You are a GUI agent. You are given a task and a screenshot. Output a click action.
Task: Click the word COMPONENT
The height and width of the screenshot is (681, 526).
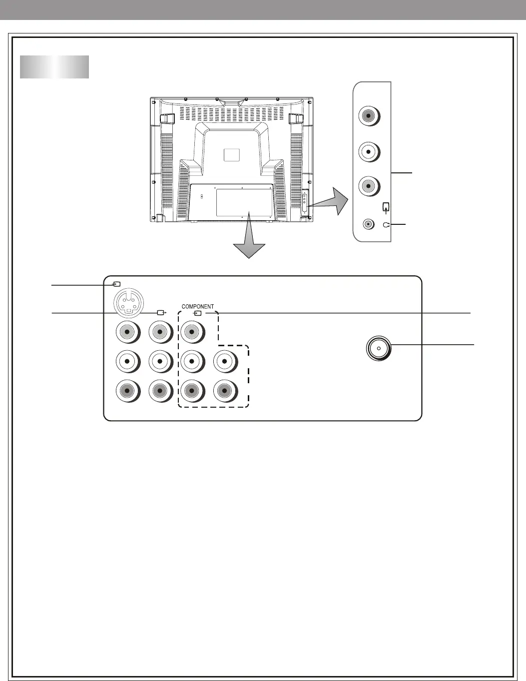pos(198,306)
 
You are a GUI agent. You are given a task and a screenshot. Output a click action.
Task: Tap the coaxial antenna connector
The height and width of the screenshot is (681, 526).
pos(379,348)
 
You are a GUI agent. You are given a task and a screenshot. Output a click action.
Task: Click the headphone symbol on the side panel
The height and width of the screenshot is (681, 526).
pos(387,225)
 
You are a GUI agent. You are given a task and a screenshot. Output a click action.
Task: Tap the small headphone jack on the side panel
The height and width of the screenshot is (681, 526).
pos(369,224)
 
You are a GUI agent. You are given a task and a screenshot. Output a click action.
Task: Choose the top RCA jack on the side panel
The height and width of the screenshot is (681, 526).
pos(369,116)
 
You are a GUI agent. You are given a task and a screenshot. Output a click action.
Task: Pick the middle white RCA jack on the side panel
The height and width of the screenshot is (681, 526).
pos(369,152)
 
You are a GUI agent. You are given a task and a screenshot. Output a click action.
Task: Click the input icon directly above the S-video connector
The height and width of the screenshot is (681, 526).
pos(116,284)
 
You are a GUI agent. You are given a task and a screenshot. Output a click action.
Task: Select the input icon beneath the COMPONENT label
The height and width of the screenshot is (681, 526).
pos(197,313)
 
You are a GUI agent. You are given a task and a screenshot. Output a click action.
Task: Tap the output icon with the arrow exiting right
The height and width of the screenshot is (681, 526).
pos(161,312)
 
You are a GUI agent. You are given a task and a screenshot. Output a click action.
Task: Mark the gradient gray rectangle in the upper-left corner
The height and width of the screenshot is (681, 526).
pos(54,67)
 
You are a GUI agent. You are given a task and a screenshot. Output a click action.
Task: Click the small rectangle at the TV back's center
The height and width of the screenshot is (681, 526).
pos(232,155)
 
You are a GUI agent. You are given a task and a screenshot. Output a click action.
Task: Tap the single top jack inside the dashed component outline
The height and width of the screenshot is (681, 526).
pos(192,332)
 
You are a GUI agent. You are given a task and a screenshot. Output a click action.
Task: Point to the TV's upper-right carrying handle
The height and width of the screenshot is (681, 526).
pos(296,118)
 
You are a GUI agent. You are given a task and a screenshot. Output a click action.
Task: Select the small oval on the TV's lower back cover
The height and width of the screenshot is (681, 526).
pos(202,196)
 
